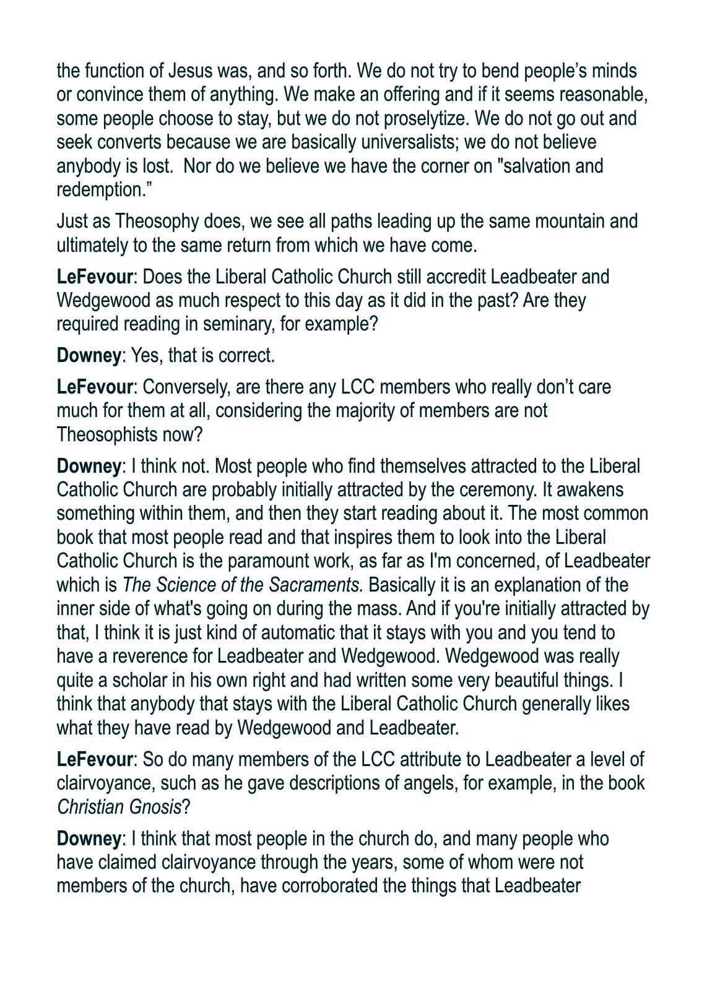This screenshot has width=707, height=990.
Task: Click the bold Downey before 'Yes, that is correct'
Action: pyautogui.click(x=88, y=355)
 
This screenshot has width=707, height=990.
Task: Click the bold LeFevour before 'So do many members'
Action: pyautogui.click(x=95, y=759)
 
